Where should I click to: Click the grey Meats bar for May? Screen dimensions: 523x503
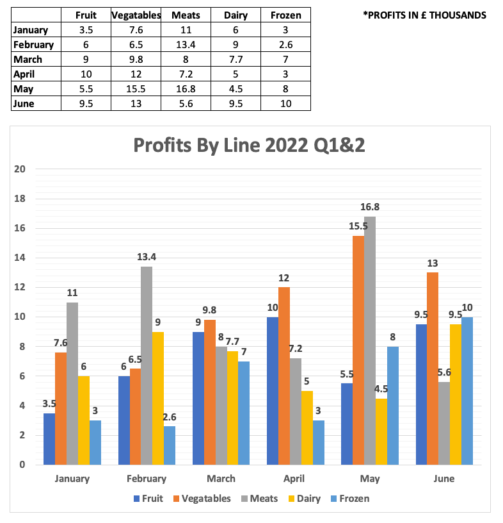tap(370, 340)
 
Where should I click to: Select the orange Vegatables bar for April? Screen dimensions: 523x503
tap(283, 376)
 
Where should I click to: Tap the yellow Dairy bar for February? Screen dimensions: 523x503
tap(158, 398)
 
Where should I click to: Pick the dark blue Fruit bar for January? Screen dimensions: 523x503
tap(49, 439)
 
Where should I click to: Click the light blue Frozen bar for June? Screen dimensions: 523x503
tap(467, 391)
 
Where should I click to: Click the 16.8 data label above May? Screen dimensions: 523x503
tap(370, 207)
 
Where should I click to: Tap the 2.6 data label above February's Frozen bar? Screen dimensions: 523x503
tap(170, 417)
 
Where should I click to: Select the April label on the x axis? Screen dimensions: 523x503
tap(296, 478)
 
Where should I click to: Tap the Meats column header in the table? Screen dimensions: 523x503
tap(186, 15)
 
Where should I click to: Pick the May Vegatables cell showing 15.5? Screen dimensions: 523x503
tap(136, 89)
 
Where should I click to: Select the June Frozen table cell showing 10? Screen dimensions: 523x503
tap(285, 104)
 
